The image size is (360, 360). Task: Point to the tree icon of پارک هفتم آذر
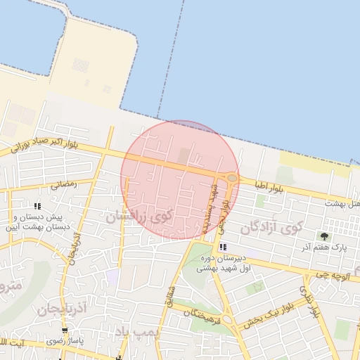[324, 236]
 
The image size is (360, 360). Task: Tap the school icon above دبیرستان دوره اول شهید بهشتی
[222, 247]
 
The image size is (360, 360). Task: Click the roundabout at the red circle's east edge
[231, 179]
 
